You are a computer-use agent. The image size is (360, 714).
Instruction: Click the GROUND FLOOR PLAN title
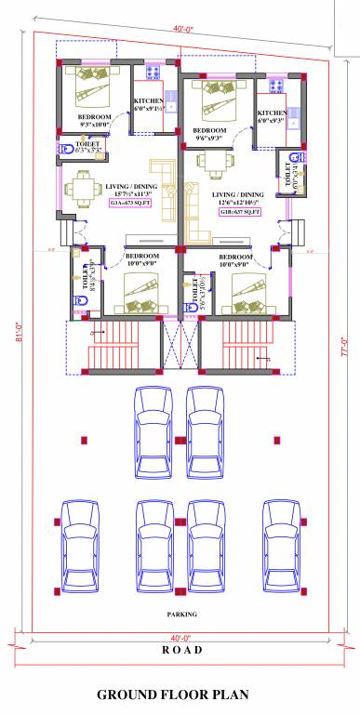click(x=180, y=694)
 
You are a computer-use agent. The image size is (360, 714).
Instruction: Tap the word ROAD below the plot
click(x=181, y=650)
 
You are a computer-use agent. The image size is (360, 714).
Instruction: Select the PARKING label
click(x=181, y=615)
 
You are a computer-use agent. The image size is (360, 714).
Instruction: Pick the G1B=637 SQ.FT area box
click(x=239, y=213)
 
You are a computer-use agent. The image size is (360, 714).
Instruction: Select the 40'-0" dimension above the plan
click(x=183, y=29)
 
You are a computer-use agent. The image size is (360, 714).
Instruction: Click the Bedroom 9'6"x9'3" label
click(x=210, y=134)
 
